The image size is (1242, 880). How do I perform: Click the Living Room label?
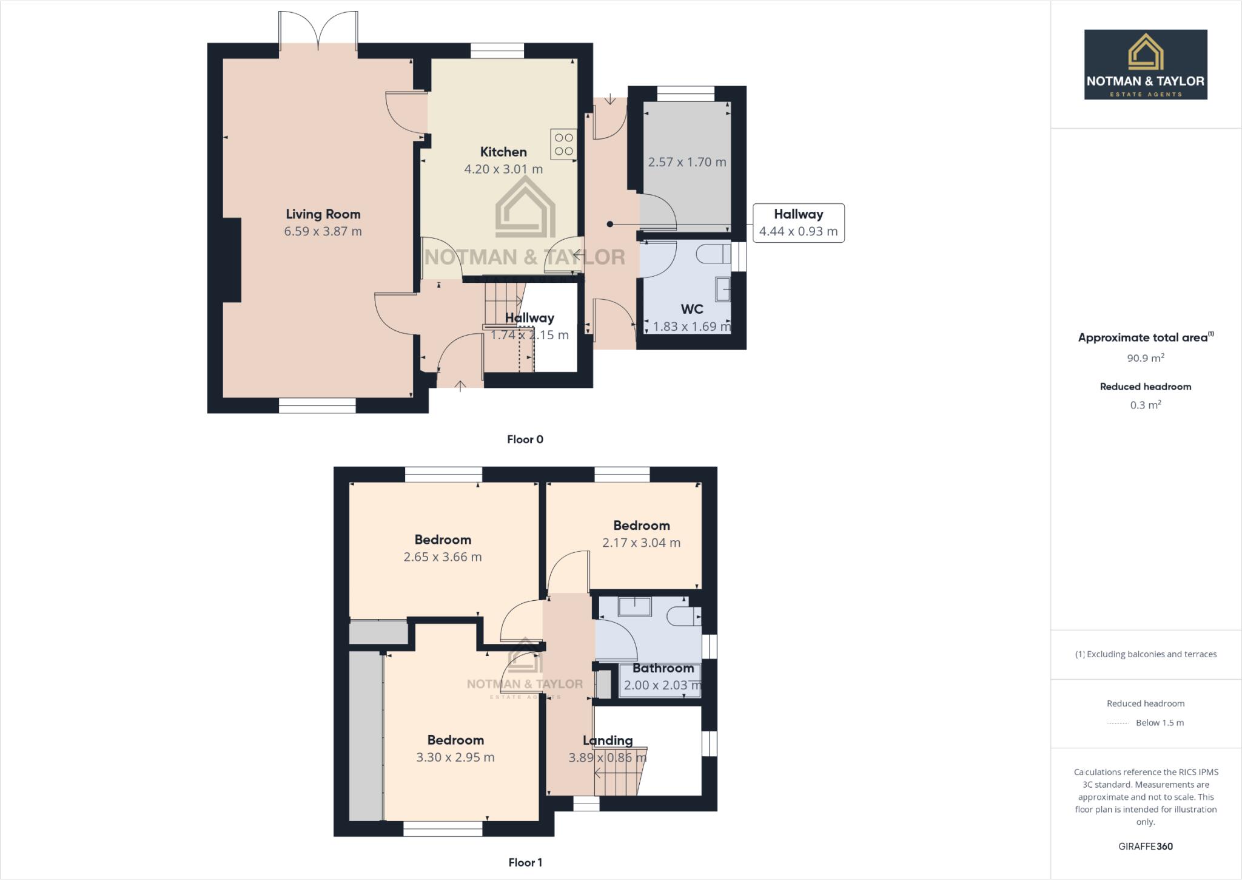[x=323, y=214]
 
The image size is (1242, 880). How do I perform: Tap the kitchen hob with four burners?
[x=563, y=144]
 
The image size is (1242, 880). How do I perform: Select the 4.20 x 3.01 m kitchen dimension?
[x=503, y=169]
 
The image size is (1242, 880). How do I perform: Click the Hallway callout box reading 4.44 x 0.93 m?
[x=798, y=223]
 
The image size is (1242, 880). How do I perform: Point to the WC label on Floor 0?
[x=691, y=309]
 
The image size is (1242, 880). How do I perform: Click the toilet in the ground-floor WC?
[x=714, y=254]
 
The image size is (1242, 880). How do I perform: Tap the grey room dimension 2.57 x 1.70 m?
[x=686, y=162]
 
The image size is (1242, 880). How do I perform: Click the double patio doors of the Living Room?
[x=318, y=30]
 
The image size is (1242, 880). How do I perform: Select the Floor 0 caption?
[x=525, y=439]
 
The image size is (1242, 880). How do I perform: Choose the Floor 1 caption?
[x=525, y=862]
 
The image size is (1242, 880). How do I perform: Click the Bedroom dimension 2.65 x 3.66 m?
[x=443, y=557]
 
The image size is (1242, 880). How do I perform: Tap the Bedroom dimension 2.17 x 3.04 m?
[x=641, y=543]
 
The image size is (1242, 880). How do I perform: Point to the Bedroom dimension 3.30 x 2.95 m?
[x=455, y=757]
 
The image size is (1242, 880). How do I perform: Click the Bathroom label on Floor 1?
[x=663, y=668]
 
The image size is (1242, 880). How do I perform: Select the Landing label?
[x=608, y=740]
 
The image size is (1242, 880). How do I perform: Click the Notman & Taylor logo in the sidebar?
[x=1145, y=64]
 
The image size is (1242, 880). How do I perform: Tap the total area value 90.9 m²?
[x=1145, y=358]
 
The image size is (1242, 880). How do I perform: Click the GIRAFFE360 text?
[x=1145, y=846]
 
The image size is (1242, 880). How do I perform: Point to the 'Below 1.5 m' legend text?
[x=1160, y=723]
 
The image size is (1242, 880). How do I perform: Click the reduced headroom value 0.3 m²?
[x=1145, y=405]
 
